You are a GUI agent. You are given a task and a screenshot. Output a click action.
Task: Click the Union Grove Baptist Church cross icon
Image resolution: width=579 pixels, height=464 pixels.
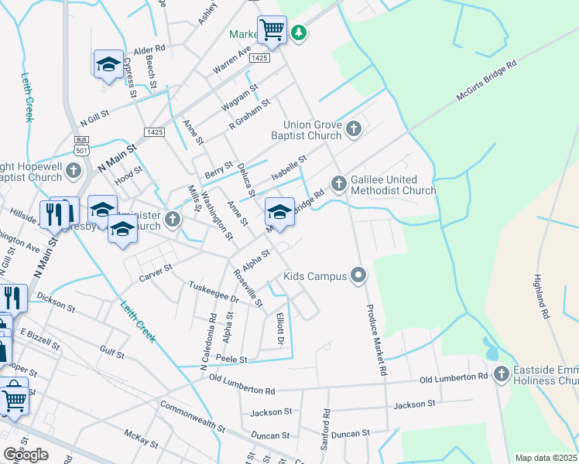(x=354, y=128)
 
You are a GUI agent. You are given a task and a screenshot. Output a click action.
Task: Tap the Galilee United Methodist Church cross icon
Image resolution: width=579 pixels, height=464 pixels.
(x=338, y=184)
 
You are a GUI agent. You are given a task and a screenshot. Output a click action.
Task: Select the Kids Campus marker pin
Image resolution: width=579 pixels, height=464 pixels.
(x=358, y=275)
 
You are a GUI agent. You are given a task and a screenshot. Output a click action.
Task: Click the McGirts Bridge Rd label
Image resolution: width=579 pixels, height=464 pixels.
(x=485, y=82)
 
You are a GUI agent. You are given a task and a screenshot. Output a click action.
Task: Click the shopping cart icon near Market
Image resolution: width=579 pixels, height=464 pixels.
(x=272, y=29)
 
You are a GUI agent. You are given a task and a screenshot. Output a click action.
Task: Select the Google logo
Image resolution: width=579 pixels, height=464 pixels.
(x=26, y=455)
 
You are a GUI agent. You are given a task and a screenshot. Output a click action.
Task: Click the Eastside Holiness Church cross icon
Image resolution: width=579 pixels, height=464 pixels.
(x=501, y=374)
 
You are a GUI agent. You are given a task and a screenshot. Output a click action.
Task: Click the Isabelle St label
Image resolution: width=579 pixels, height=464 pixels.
(x=289, y=168)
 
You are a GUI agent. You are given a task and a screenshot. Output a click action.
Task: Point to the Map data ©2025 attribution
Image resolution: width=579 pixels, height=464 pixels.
(x=546, y=458)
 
